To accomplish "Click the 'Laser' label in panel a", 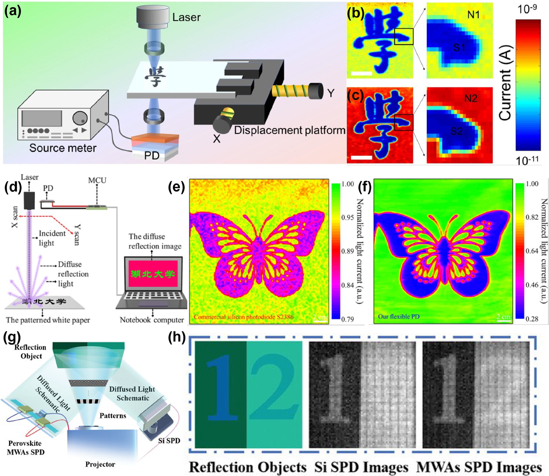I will coord(186,18).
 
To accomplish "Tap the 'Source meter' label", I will coord(63,148).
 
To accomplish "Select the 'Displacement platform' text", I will coord(289,130).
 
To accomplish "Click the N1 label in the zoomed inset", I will coord(473,15).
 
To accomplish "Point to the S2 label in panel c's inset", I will coord(456,131).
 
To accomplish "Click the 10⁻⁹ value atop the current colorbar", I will coord(527,10).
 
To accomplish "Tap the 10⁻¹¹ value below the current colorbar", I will coord(527,160).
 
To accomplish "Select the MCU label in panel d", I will coord(97,180).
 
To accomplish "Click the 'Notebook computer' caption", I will coord(152,320).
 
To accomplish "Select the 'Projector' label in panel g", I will coord(100,464).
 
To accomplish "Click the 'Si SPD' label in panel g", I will coord(169,441).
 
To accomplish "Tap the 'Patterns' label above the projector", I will coord(113,416).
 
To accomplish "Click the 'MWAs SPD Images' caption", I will coord(479,467).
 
